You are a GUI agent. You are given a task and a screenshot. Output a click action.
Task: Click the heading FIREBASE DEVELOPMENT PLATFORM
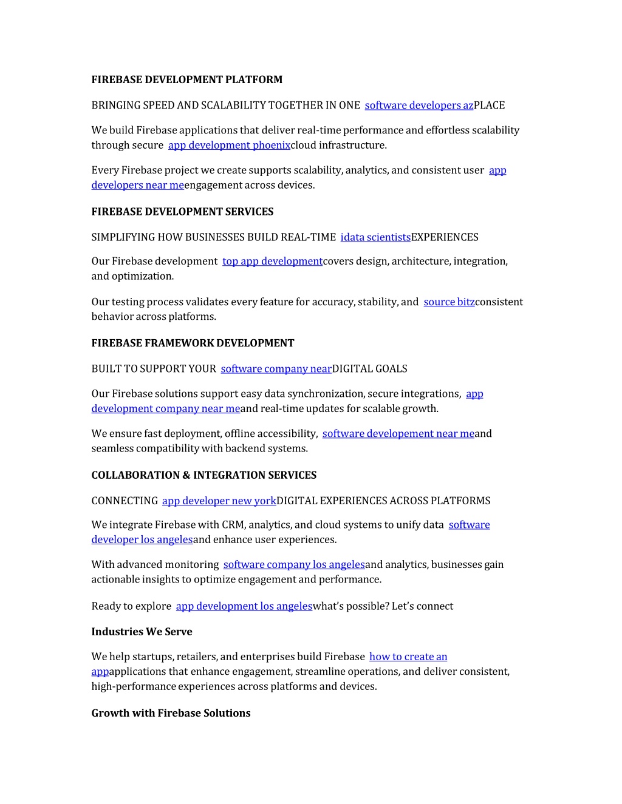(186, 79)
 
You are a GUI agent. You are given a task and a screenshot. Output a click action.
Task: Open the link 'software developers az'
(419, 106)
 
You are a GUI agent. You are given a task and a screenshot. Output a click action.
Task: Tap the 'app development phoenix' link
(229, 145)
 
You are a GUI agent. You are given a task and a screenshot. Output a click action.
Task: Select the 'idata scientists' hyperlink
(375, 237)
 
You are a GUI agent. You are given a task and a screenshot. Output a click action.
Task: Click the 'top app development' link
(272, 261)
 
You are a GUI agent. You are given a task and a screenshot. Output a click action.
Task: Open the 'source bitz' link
(449, 302)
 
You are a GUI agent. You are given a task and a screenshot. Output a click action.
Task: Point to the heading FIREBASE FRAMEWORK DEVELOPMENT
(193, 343)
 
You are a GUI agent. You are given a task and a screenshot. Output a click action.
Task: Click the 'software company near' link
(276, 369)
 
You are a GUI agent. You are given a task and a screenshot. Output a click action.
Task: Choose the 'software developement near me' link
(398, 434)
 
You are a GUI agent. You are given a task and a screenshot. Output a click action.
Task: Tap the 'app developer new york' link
(219, 501)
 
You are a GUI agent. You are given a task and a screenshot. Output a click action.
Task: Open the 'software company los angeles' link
(294, 565)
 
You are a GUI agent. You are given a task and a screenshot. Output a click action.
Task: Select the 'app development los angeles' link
(244, 606)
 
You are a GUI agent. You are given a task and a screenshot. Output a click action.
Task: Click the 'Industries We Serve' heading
(142, 632)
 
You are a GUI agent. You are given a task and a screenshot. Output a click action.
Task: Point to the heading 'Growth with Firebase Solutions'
(171, 713)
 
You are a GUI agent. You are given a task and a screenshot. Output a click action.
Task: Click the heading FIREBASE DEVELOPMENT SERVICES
(182, 212)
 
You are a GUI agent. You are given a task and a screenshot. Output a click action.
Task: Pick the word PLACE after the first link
(490, 106)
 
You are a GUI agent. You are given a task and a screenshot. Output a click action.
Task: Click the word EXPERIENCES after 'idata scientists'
(445, 237)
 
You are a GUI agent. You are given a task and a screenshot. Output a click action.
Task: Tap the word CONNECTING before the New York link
(125, 501)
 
